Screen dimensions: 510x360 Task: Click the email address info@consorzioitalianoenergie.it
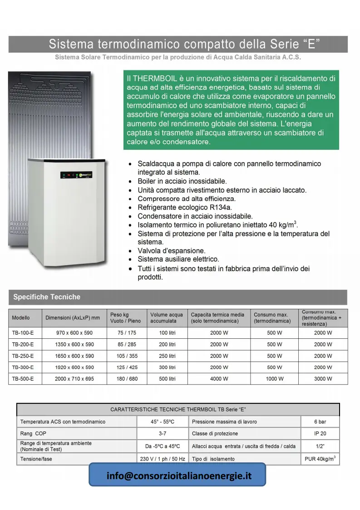pyautogui.click(x=179, y=476)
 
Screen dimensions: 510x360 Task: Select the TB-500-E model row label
pyautogui.click(x=23, y=379)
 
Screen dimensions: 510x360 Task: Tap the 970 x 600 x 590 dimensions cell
pyautogui.click(x=74, y=333)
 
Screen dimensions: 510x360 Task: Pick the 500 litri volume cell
pyautogui.click(x=167, y=379)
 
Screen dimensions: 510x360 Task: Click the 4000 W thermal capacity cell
pyautogui.click(x=219, y=379)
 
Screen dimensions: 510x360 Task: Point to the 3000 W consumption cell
pyautogui.click(x=323, y=379)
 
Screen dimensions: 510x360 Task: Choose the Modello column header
pyautogui.click(x=21, y=318)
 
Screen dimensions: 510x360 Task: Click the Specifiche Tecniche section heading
pyautogui.click(x=47, y=297)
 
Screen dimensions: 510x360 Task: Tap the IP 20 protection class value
pyautogui.click(x=320, y=434)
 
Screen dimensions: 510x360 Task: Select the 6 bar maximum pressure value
pyautogui.click(x=320, y=422)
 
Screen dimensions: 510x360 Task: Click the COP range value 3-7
pyautogui.click(x=162, y=434)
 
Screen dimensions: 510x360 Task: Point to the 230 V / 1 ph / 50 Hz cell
pyautogui.click(x=162, y=459)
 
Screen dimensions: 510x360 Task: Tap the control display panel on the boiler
pyautogui.click(x=77, y=175)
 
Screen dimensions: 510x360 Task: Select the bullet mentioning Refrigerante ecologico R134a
pyautogui.click(x=185, y=208)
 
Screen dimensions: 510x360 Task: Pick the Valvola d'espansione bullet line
pyautogui.click(x=172, y=251)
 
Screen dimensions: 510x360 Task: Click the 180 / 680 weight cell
pyautogui.click(x=127, y=379)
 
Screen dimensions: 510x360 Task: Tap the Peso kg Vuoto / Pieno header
pyautogui.click(x=125, y=317)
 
